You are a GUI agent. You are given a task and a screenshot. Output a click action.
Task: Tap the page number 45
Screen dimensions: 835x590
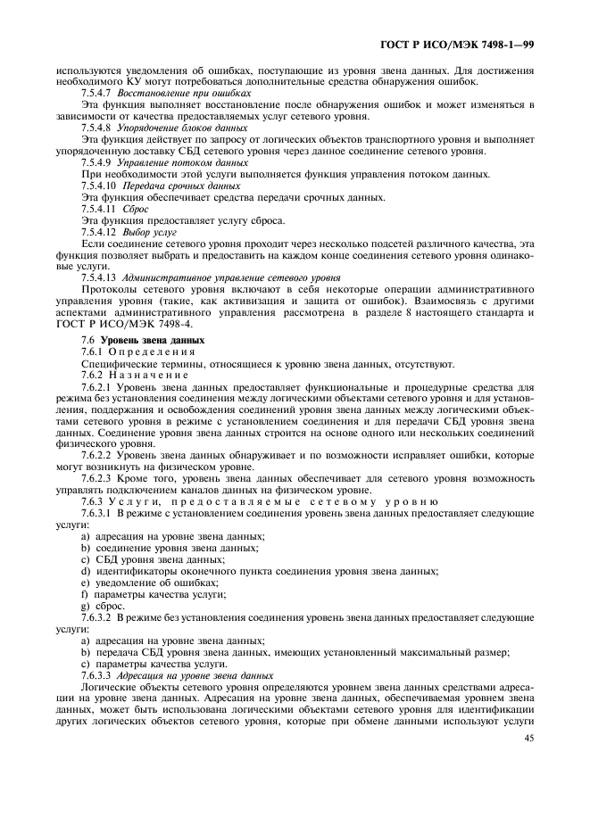click(x=528, y=738)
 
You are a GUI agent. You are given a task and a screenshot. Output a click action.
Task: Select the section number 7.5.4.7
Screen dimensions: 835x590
click(x=96, y=94)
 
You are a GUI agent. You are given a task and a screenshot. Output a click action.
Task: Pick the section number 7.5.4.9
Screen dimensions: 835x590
click(x=96, y=162)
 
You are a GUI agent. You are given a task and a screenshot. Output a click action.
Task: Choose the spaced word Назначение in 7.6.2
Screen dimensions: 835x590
click(x=149, y=376)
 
